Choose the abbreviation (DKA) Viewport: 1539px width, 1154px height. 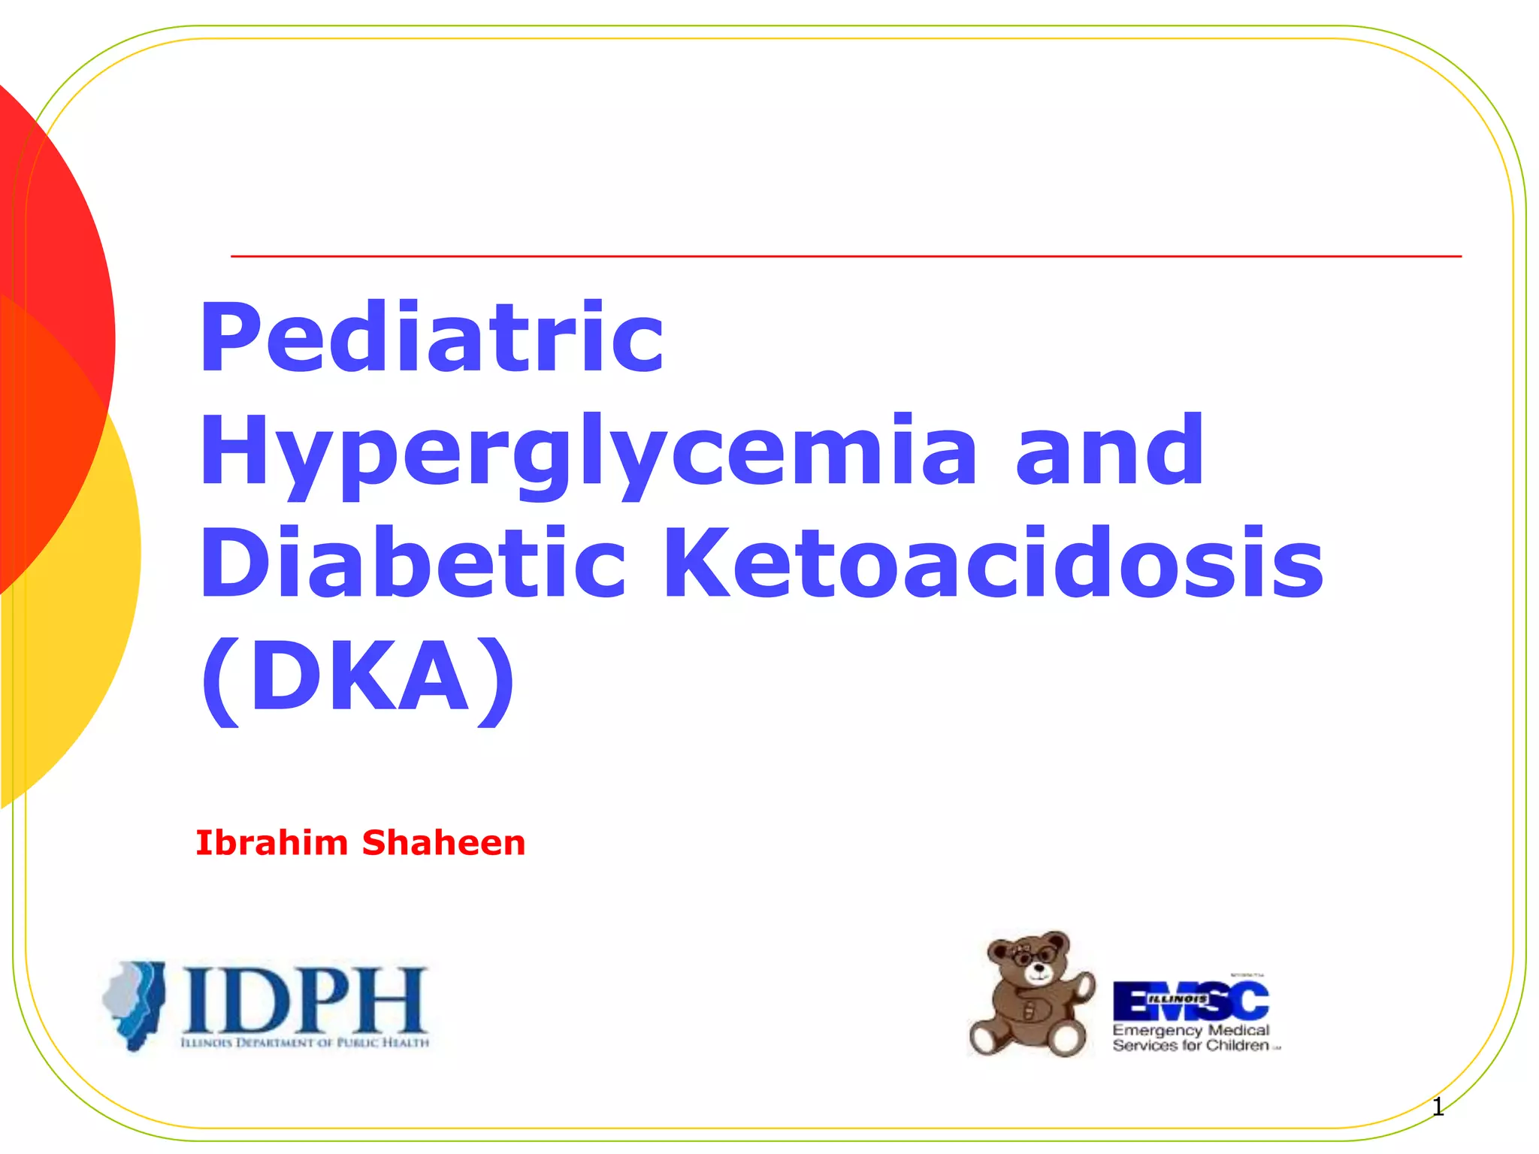[358, 676]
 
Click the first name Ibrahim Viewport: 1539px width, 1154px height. [271, 843]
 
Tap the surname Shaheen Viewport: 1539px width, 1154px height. [443, 843]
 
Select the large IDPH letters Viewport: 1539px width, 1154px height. [304, 1000]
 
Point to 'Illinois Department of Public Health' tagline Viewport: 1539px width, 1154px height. [304, 1043]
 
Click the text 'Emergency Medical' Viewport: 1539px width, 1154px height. [1190, 1030]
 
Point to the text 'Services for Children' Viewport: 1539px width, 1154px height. [1190, 1046]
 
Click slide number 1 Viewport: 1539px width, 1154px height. [1438, 1107]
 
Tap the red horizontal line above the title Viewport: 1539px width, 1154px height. [845, 256]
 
